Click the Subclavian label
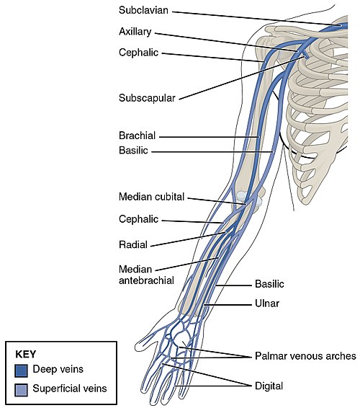(143, 10)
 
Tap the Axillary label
(135, 32)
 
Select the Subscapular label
(147, 98)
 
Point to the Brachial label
(138, 136)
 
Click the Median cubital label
(151, 197)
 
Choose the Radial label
(133, 244)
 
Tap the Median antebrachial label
(146, 275)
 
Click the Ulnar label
(267, 303)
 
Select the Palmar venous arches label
(305, 356)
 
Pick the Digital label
(269, 386)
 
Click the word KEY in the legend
(26, 355)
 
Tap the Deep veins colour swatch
(21, 371)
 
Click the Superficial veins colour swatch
(21, 390)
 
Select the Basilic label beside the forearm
(269, 284)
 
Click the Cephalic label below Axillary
(138, 53)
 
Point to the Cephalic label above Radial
(138, 219)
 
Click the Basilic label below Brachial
(133, 151)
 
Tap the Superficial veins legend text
(70, 389)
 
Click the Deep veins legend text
(58, 369)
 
